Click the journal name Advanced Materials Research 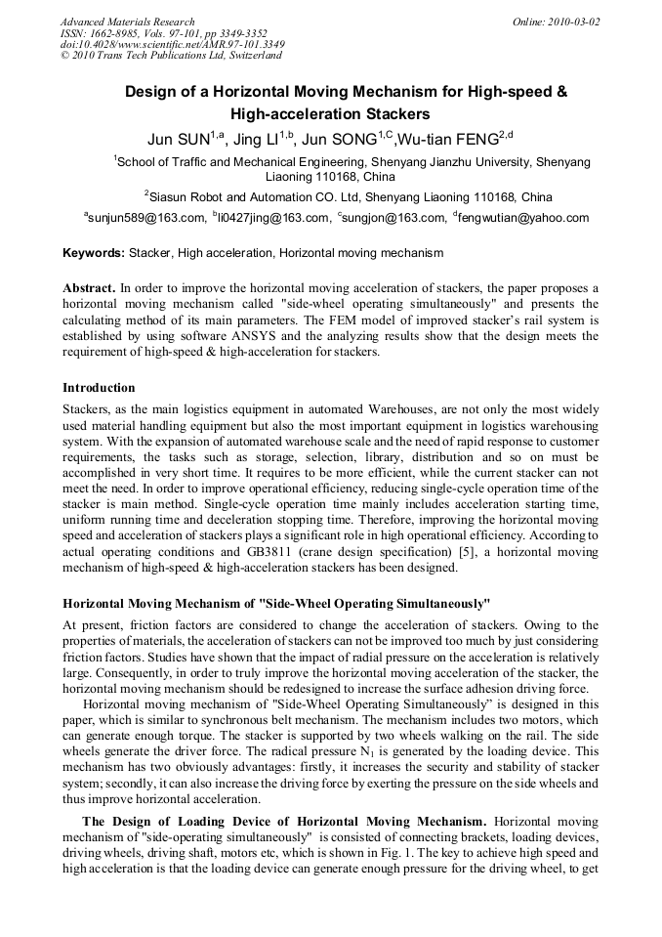pyautogui.click(x=127, y=21)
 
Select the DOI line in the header pyautogui.click(x=172, y=44)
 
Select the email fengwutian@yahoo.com pyautogui.click(x=524, y=218)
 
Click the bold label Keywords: pyautogui.click(x=94, y=253)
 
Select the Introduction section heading pyautogui.click(x=99, y=388)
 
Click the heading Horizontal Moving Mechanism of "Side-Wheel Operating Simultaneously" pyautogui.click(x=276, y=603)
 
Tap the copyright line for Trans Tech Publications pyautogui.click(x=159, y=56)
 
